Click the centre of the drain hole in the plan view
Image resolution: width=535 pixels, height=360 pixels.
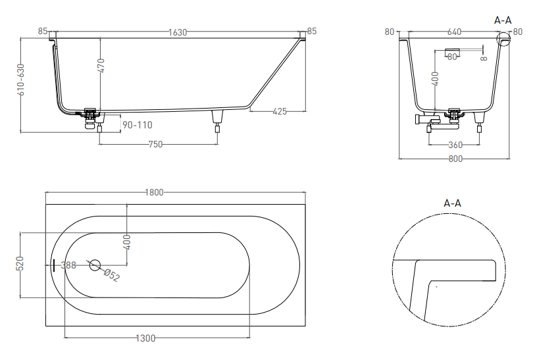point(95,265)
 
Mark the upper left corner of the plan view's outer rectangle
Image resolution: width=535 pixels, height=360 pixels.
point(45,205)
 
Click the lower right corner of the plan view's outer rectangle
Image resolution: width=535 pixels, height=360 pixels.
point(306,326)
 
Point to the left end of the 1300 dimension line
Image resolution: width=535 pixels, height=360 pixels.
point(64,338)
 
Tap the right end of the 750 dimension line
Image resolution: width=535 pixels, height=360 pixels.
point(218,144)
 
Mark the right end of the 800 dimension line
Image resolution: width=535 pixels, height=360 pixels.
point(509,159)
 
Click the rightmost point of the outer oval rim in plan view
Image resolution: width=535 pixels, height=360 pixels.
point(299,265)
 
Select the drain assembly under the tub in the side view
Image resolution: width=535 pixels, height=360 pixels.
point(90,118)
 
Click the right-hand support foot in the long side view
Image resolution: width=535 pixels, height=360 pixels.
point(217,121)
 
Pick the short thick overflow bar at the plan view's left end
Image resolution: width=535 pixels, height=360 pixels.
point(53,265)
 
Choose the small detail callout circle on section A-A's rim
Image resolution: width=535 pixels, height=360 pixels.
point(503,39)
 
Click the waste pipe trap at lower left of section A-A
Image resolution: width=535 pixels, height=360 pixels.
point(426,120)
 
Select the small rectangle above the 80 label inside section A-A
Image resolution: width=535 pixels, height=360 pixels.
point(453,51)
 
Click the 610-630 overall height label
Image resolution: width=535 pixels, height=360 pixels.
point(22,80)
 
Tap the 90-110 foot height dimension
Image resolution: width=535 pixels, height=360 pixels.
point(137,125)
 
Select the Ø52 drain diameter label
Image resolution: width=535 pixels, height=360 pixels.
point(112,275)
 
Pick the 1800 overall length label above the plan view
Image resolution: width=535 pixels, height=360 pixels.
point(154,192)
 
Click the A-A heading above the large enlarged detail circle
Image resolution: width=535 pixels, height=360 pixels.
point(453,203)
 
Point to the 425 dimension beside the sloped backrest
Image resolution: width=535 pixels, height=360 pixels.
point(280,111)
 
